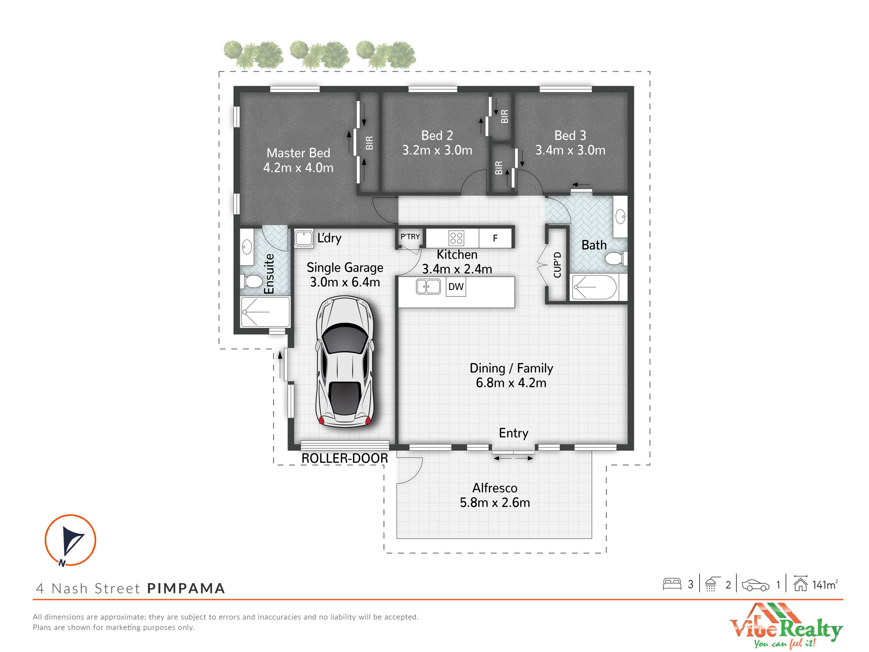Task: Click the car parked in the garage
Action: point(345,362)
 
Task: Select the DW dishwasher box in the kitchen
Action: point(456,287)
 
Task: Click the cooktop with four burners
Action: point(456,238)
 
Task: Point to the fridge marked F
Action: point(495,238)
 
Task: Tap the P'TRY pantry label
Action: point(410,237)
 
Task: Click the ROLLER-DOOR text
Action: point(345,458)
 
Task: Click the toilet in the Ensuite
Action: point(252,281)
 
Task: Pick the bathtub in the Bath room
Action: point(594,287)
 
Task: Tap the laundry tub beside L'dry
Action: point(304,239)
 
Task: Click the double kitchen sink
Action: point(428,287)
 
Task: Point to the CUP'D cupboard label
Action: point(557,265)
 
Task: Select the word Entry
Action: point(514,433)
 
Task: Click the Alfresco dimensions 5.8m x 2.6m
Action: point(495,502)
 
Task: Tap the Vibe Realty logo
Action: point(786,626)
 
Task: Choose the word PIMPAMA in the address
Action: point(186,588)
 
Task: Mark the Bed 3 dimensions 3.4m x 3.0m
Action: point(570,150)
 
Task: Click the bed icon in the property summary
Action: point(672,584)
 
